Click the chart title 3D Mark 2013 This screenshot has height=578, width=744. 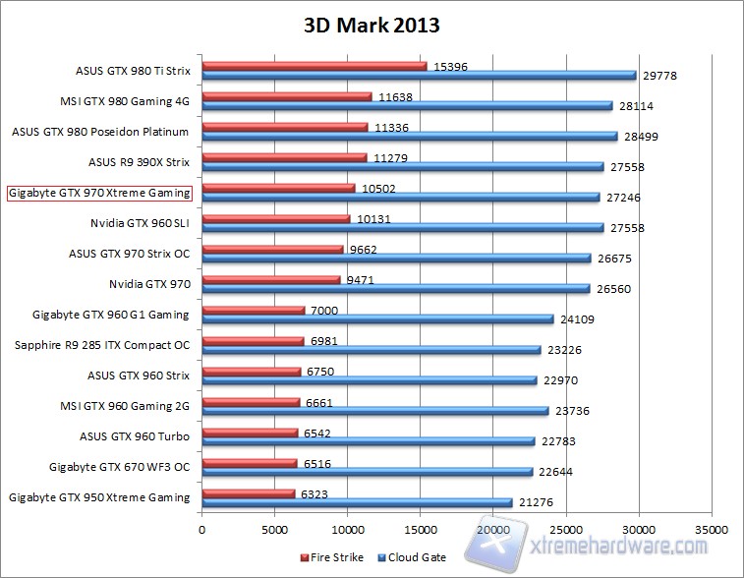point(372,25)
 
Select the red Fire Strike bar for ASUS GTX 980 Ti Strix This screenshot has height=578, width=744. point(315,66)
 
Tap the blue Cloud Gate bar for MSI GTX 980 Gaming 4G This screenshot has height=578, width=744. point(407,105)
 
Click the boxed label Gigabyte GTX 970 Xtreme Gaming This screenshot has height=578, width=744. point(98,193)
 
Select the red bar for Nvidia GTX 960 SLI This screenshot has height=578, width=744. point(276,219)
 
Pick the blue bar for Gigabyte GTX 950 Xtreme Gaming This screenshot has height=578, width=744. point(357,502)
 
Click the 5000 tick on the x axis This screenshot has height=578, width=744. point(274,528)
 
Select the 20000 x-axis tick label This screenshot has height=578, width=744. point(493,528)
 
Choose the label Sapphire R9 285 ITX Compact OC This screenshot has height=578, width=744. point(102,345)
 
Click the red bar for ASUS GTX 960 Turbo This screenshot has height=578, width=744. point(250,433)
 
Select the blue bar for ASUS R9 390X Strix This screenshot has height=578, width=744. point(403,166)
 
